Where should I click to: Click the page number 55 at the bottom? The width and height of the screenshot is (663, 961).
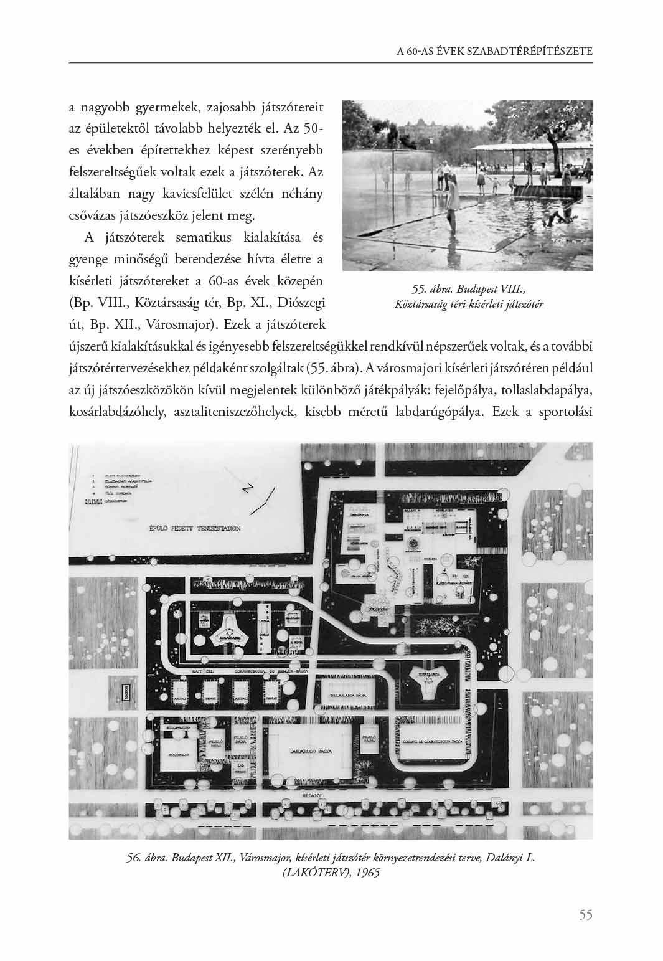pyautogui.click(x=585, y=914)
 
